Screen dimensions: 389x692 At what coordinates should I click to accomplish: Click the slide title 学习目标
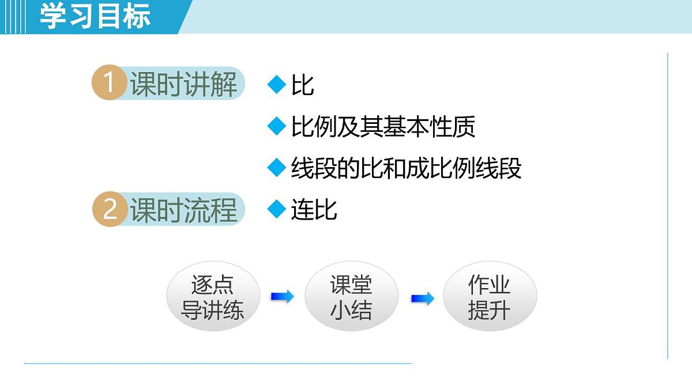click(95, 16)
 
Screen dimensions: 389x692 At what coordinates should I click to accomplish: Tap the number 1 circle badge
click(109, 84)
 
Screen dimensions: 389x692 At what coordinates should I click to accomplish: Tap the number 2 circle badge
click(109, 209)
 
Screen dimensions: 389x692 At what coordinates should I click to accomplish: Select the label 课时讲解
click(183, 85)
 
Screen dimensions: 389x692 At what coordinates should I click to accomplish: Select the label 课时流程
click(183, 210)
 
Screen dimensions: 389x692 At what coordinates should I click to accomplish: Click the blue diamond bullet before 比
click(277, 85)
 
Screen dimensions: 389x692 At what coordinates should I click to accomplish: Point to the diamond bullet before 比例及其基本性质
click(277, 126)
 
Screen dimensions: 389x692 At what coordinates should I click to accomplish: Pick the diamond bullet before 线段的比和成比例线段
click(277, 168)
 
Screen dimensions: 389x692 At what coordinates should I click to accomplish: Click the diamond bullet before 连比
click(277, 209)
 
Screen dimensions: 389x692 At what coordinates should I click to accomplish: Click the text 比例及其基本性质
click(383, 127)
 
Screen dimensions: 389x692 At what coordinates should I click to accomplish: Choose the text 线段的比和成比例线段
click(406, 168)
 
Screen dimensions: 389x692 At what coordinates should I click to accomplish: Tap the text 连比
click(314, 210)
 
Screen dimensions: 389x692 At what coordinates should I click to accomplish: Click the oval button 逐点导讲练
click(213, 297)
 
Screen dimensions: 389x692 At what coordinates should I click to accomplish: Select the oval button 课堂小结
click(351, 297)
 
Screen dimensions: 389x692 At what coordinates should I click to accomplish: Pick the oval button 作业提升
click(490, 297)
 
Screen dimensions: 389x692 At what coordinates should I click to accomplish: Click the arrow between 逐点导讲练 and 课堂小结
click(283, 297)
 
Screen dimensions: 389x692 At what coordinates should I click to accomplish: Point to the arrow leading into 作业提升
click(423, 299)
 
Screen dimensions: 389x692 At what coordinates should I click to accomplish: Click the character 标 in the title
click(137, 16)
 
